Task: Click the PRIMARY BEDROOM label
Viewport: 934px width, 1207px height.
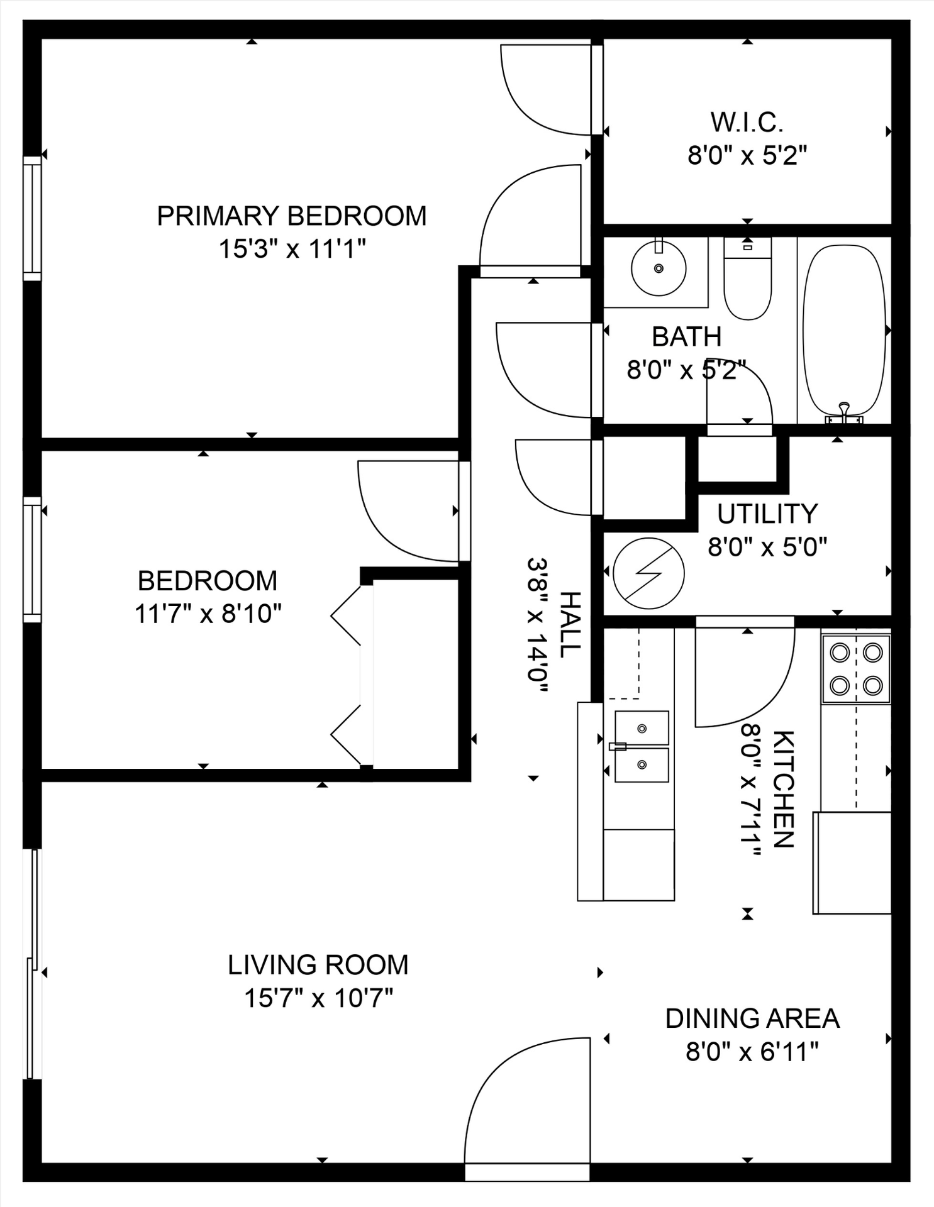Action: click(x=291, y=216)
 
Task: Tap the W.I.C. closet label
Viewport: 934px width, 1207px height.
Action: click(x=747, y=123)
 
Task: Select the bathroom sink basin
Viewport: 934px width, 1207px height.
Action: click(x=659, y=268)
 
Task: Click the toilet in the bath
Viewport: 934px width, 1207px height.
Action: click(x=747, y=278)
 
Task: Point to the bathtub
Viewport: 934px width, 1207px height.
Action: click(x=844, y=331)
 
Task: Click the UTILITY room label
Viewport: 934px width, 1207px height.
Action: click(x=767, y=514)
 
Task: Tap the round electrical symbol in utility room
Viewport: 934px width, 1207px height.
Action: click(x=648, y=573)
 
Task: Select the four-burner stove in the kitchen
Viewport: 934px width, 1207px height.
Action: click(x=856, y=669)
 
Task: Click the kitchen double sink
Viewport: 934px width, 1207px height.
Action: click(x=641, y=747)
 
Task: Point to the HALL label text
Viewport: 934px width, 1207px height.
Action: click(x=569, y=624)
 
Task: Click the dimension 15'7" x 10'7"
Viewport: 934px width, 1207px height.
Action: click(x=318, y=998)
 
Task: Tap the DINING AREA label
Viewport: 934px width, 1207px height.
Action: click(x=752, y=1018)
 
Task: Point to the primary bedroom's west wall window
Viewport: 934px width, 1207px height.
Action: click(x=32, y=218)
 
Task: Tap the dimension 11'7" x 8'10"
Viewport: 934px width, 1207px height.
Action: click(x=208, y=614)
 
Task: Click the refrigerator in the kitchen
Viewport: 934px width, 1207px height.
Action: click(x=852, y=863)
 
